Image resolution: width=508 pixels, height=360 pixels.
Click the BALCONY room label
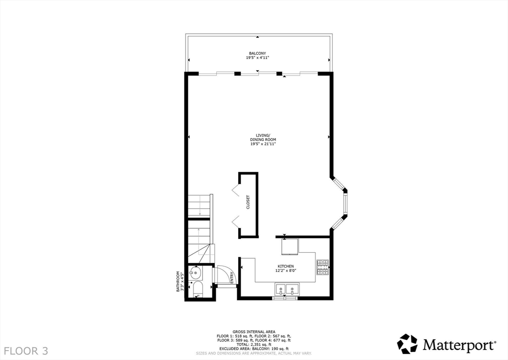point(257,53)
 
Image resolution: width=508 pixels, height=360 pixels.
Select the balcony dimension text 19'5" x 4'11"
point(257,58)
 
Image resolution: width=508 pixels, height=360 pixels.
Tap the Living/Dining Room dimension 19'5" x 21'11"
point(262,144)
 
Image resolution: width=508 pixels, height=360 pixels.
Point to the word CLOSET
point(248,202)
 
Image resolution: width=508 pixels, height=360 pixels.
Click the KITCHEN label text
point(286,266)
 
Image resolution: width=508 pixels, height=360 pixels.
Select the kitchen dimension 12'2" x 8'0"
point(286,271)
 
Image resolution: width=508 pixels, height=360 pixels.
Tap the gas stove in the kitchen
point(322,267)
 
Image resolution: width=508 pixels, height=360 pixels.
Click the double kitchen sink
point(286,288)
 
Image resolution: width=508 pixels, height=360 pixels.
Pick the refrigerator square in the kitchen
point(290,246)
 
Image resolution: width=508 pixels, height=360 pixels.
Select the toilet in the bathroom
point(197,290)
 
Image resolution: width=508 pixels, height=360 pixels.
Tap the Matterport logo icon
point(407,344)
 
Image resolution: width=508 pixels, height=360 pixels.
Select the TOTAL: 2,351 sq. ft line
point(254,344)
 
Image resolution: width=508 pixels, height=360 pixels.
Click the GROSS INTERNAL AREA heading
point(254,332)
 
